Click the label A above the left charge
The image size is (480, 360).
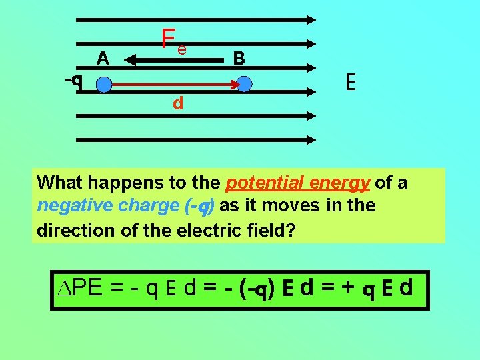click(x=103, y=59)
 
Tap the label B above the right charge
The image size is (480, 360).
click(x=239, y=59)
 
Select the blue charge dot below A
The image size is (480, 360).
click(x=103, y=85)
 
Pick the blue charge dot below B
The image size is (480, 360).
click(x=244, y=84)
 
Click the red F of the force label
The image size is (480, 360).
click(x=169, y=39)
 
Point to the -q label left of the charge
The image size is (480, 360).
click(x=74, y=81)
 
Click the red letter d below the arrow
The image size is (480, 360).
click(x=178, y=103)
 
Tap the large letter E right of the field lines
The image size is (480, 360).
click(x=351, y=83)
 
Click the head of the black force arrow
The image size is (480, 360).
click(x=130, y=61)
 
